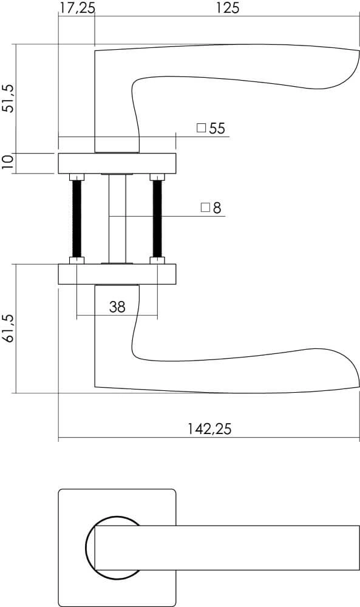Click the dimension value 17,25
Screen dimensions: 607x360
pos(76,8)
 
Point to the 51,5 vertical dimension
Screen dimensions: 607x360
pos(8,98)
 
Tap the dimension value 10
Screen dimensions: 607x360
pos(8,163)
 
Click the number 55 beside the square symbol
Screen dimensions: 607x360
pos(217,129)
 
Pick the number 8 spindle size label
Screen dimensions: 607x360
pos(217,208)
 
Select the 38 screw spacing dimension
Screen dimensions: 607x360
pos(117,307)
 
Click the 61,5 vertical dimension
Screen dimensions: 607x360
pos(8,328)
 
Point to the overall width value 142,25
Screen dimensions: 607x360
pos(209,429)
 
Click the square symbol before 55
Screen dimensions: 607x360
pos(201,129)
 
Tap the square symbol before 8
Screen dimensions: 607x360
pos(205,208)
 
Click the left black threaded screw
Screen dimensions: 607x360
pos(76,219)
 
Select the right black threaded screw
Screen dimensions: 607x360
pos(157,219)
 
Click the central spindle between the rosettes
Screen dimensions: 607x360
pos(117,219)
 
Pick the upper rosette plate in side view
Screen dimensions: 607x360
pos(117,163)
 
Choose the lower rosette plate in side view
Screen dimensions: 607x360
pos(117,274)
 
